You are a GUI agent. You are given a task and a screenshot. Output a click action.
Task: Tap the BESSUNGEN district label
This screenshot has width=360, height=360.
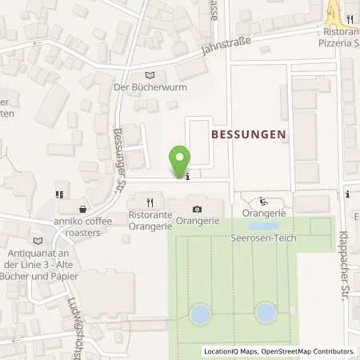(x=247, y=135)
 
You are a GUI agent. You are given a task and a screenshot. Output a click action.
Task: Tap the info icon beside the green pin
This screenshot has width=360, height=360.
(x=186, y=177)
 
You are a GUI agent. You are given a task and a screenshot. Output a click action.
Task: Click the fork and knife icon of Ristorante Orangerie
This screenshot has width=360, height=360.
(x=150, y=202)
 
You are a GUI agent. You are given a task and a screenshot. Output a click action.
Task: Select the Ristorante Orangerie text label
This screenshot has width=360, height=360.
(x=150, y=221)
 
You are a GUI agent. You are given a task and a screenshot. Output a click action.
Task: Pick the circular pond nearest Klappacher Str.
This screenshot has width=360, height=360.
(x=266, y=313)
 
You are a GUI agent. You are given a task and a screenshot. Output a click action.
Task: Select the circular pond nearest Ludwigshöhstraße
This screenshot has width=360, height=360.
(x=200, y=314)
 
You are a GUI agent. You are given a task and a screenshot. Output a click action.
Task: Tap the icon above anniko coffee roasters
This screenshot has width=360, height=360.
(x=59, y=194)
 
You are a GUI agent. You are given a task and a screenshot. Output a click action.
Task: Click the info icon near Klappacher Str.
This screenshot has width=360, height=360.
(x=348, y=194)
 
